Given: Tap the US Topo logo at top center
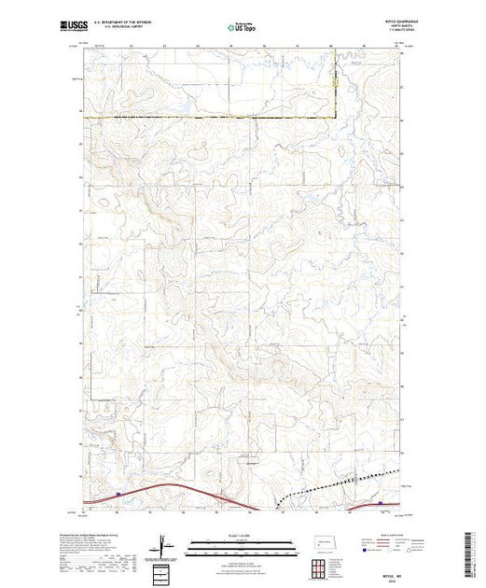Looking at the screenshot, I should [x=243, y=29].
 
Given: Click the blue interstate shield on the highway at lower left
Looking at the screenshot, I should [x=118, y=495].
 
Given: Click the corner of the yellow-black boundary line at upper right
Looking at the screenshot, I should [x=338, y=117].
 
